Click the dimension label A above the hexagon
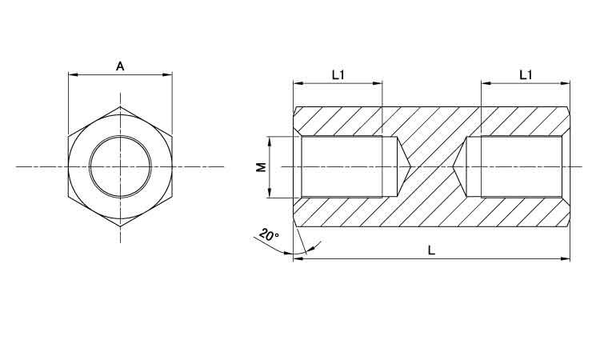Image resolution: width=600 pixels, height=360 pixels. pos(120,66)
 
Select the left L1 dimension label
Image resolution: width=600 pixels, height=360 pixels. pos(338,75)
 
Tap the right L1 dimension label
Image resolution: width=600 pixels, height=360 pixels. pos(526,75)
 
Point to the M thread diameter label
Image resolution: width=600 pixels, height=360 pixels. pos(261,167)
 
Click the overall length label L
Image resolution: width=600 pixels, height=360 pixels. pos(431,250)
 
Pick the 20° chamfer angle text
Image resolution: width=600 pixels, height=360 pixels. pos(269,234)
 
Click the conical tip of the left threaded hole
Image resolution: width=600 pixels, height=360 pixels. pos(410,167)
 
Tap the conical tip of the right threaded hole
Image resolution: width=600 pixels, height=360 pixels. pos(453,167)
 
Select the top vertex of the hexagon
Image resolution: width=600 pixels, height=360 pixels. pos(120,106)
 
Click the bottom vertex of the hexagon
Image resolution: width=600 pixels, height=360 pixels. pos(120,226)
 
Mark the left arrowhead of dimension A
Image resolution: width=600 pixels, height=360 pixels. pos(73,75)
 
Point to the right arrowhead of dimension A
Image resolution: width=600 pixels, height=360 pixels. pos(167,75)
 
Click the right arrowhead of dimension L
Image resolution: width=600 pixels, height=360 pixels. pos(565,259)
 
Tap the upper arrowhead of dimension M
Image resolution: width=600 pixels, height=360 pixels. pos(270,142)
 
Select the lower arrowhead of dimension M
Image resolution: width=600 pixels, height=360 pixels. pos(270,193)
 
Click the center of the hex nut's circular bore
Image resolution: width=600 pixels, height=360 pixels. pos(120,167)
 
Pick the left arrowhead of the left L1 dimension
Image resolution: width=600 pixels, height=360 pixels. pos(298,83)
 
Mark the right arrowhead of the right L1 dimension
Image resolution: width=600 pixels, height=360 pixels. pos(565,83)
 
